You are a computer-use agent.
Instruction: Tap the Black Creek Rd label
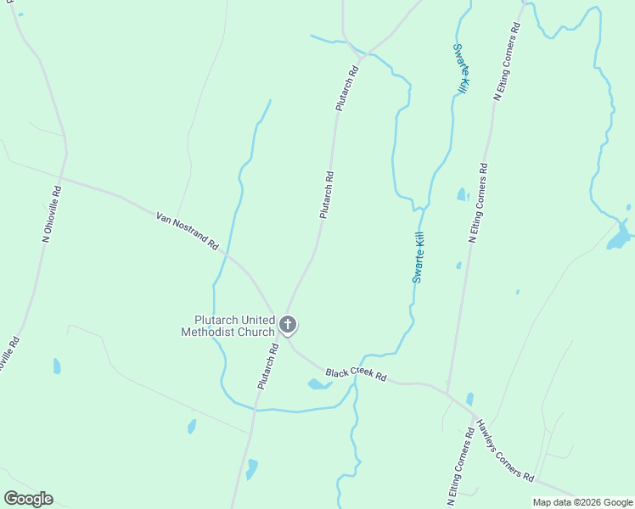pos(356,374)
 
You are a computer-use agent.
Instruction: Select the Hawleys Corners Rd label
pos(503,450)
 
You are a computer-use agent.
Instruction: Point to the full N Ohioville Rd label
pos(52,215)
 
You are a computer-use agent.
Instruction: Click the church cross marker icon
pos(289,325)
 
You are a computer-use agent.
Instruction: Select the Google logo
pos(28,499)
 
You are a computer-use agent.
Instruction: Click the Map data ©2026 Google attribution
pos(582,502)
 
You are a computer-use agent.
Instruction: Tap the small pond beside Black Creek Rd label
pos(318,384)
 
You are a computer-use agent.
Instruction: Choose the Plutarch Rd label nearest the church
pos(268,366)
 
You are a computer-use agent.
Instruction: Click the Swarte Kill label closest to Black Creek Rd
pos(419,257)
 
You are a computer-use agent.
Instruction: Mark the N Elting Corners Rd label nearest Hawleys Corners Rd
pos(459,467)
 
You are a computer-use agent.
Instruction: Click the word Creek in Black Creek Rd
pos(357,374)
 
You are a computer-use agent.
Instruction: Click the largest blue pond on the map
pos(619,238)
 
